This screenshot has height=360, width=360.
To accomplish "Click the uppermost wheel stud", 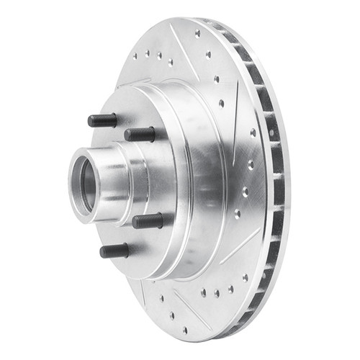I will click(102, 120).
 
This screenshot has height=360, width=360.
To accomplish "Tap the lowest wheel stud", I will click(114, 251).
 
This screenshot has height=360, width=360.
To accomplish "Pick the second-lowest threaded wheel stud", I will click(147, 220).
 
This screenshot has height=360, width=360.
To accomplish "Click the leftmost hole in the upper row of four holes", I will click(135, 55).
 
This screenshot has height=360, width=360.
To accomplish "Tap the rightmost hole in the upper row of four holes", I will click(171, 62).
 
